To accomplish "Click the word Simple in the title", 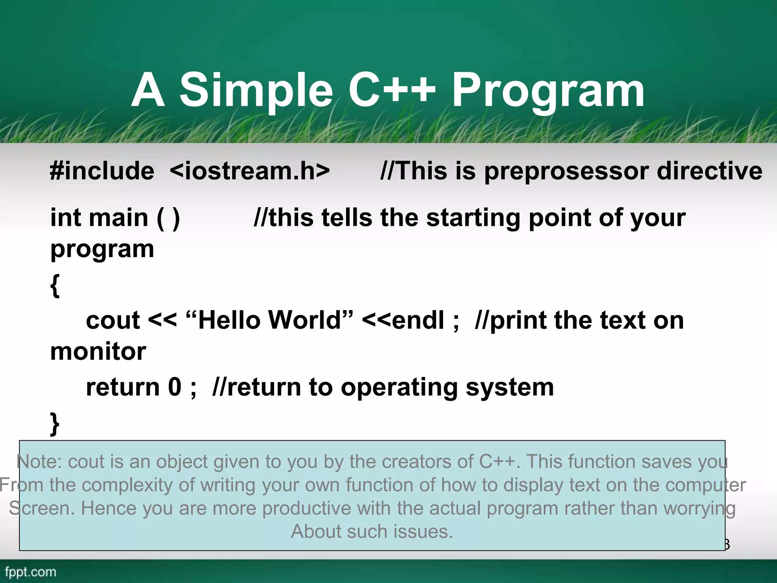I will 256,91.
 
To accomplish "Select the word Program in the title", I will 548,91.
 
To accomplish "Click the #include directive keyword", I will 102,171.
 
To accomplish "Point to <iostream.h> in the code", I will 250,171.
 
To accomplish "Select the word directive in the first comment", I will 709,171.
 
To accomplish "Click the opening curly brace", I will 55,285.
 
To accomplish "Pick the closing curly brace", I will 55,424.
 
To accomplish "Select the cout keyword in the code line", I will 113,320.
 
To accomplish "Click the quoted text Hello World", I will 270,320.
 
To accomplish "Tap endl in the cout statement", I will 417,320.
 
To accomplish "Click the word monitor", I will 98,351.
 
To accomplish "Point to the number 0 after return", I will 175,387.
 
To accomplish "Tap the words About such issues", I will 372,531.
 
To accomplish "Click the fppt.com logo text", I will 30,572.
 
